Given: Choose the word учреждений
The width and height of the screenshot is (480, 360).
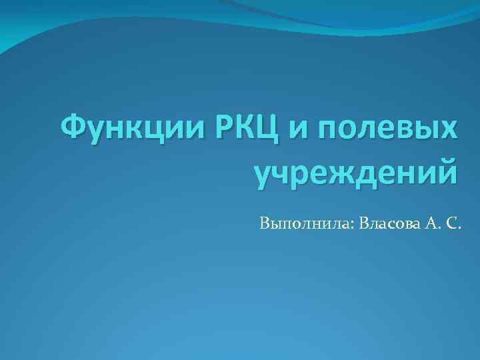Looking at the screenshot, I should [x=357, y=170].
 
